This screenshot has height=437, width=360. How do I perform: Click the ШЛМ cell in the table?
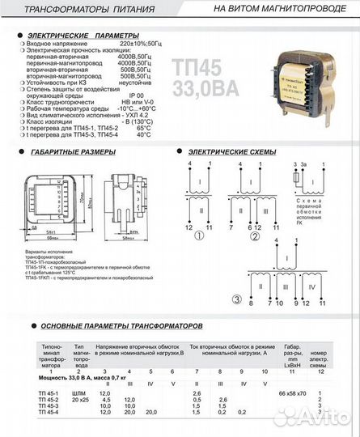81,393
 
